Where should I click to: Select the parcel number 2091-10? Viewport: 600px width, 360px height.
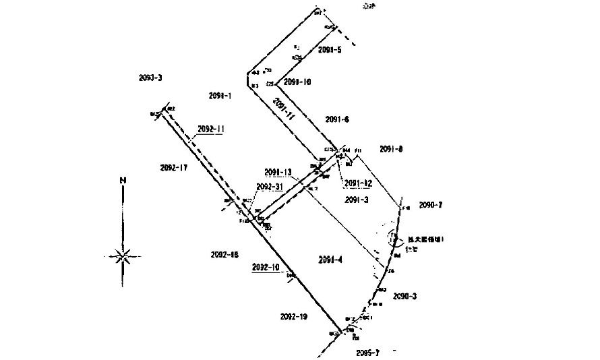click(x=297, y=82)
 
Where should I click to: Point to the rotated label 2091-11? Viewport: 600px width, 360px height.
click(x=284, y=109)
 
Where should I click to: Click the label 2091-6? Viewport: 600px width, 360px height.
click(x=336, y=119)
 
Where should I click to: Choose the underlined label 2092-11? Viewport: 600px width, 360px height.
click(x=211, y=128)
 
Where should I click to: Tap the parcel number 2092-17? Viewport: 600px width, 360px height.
click(x=174, y=167)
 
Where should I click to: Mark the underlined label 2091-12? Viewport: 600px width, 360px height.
click(x=358, y=183)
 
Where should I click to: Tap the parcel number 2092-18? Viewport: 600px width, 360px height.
click(x=224, y=254)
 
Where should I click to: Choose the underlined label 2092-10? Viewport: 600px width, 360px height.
click(x=265, y=267)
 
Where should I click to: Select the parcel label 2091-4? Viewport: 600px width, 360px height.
click(x=330, y=260)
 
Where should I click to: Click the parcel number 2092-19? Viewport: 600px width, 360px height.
click(x=293, y=316)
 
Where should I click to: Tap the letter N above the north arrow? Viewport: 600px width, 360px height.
click(x=122, y=180)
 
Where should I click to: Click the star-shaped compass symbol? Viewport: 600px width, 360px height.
click(x=122, y=256)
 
